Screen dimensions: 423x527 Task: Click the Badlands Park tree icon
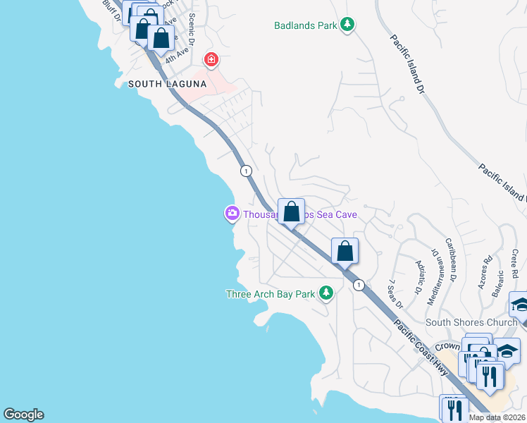[347, 25]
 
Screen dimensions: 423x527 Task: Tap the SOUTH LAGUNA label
[167, 84]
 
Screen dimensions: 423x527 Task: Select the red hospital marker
[211, 59]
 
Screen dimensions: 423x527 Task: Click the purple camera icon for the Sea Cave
[232, 213]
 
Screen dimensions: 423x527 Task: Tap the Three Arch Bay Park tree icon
[325, 293]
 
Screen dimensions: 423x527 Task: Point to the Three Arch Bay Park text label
[270, 294]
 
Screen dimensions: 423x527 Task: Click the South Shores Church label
[471, 323]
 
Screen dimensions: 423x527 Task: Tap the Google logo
[23, 415]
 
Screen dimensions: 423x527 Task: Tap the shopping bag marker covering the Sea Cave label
[291, 211]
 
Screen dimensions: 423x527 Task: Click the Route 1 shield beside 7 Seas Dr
[359, 285]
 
